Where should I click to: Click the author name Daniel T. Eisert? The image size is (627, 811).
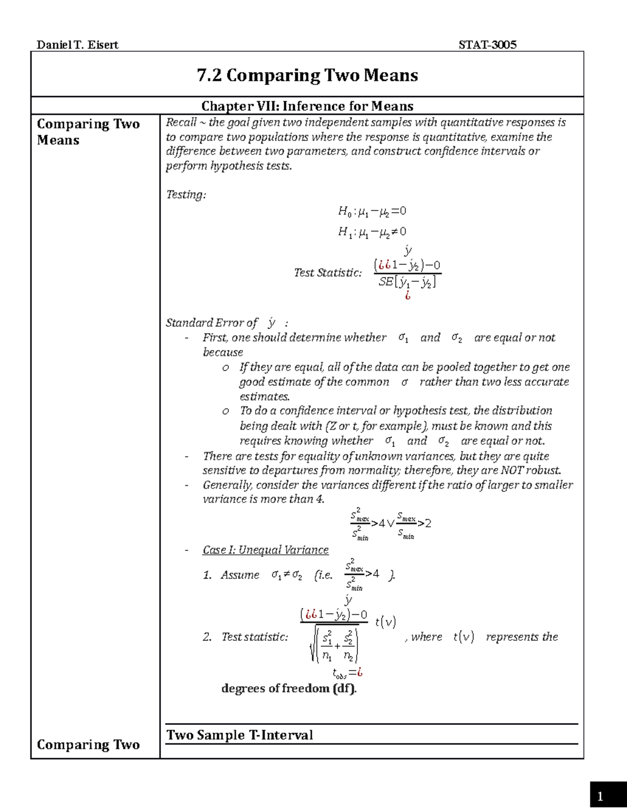77,45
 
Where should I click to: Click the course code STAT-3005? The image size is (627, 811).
487,45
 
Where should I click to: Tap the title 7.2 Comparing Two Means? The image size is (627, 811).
307,75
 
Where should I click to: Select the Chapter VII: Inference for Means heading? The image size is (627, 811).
307,106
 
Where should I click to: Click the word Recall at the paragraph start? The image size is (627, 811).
180,122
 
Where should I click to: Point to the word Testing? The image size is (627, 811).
185,195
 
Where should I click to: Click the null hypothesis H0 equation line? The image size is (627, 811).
371,211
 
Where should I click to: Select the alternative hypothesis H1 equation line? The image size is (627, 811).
371,232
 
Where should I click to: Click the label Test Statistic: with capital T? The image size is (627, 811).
328,273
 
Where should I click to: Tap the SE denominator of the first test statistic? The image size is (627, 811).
407,282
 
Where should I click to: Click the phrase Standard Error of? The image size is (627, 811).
212,323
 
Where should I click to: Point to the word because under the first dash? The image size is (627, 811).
223,352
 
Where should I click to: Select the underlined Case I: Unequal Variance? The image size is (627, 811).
265,550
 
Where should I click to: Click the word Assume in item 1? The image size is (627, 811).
240,575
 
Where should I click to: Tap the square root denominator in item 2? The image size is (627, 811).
334,645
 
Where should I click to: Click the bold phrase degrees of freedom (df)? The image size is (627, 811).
288,688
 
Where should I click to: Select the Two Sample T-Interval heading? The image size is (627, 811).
239,735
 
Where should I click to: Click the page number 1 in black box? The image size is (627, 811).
600,796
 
